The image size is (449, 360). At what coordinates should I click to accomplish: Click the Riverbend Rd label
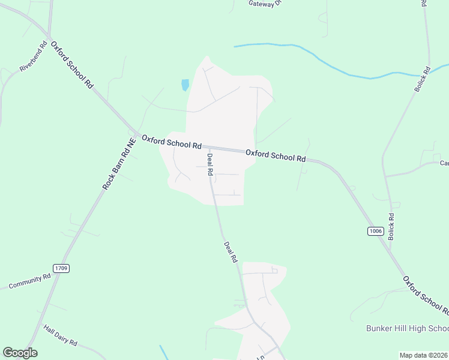pyautogui.click(x=33, y=56)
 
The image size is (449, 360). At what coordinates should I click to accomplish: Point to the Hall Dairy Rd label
pyautogui.click(x=61, y=335)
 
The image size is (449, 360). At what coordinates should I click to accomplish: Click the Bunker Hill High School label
pyautogui.click(x=407, y=328)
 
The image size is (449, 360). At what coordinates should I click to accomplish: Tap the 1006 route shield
pyautogui.click(x=376, y=231)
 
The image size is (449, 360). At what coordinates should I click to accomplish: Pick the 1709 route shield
pyautogui.click(x=60, y=268)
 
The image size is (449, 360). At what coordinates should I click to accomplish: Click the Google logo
pyautogui.click(x=20, y=353)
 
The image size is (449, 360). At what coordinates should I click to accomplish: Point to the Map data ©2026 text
pyautogui.click(x=423, y=355)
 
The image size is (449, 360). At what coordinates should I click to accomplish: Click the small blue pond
pyautogui.click(x=185, y=85)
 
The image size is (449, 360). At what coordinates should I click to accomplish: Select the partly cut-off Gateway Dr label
pyautogui.click(x=265, y=3)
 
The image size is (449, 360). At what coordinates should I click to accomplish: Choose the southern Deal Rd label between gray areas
pyautogui.click(x=231, y=252)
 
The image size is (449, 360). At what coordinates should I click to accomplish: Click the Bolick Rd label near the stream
pyautogui.click(x=422, y=79)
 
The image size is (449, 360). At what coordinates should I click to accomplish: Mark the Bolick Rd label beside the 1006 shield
pyautogui.click(x=391, y=227)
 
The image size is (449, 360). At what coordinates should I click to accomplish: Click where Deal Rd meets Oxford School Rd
pyautogui.click(x=209, y=147)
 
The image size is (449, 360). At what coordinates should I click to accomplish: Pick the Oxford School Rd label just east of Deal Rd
pyautogui.click(x=276, y=155)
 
